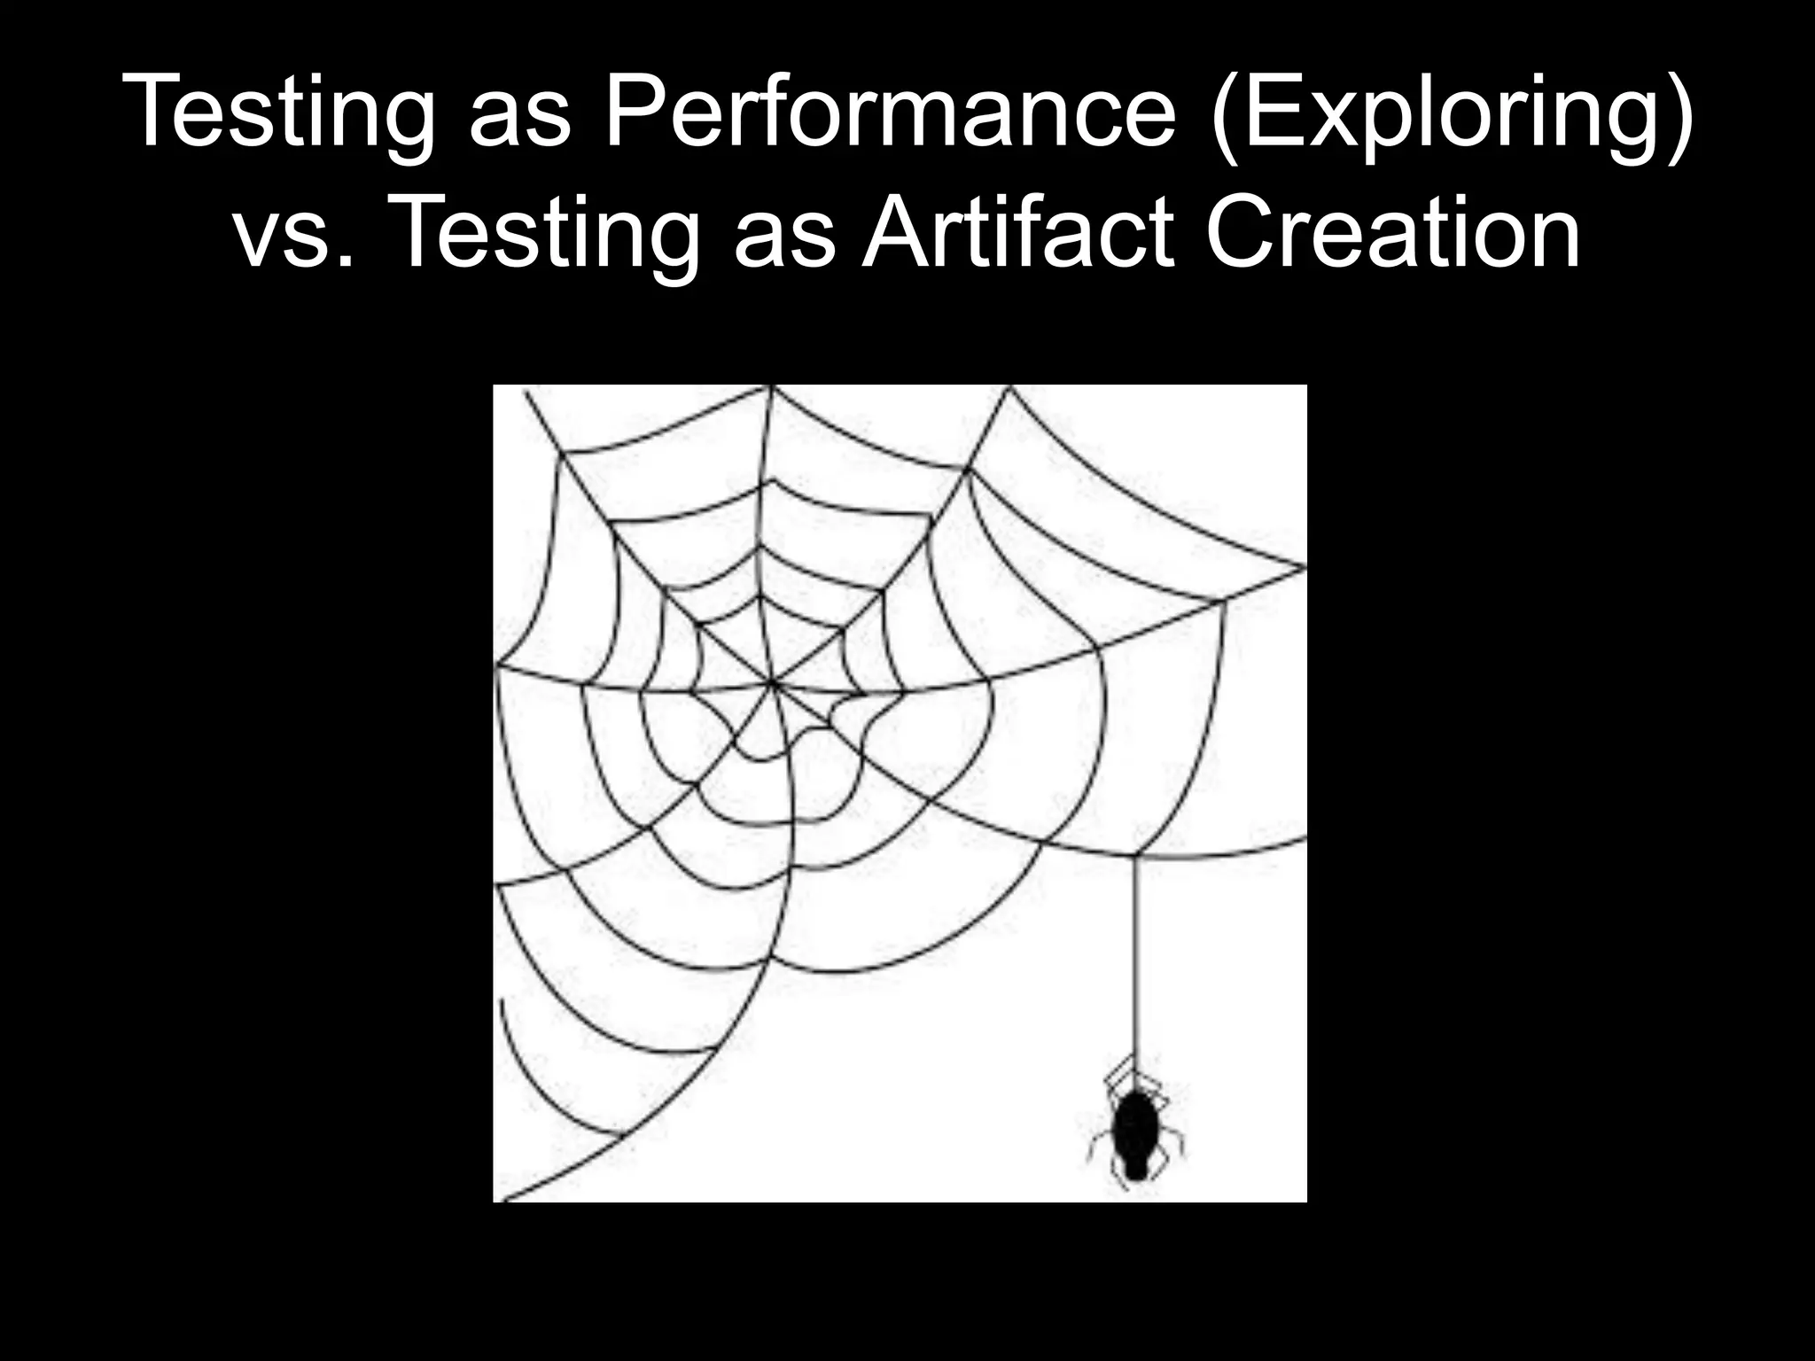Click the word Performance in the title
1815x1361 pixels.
(x=889, y=112)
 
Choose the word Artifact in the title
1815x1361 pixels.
(x=1018, y=232)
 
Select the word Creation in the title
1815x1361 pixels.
(x=1392, y=232)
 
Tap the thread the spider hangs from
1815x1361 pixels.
(x=1135, y=957)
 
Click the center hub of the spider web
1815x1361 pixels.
(x=772, y=683)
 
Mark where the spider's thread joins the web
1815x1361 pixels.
(x=1135, y=856)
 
